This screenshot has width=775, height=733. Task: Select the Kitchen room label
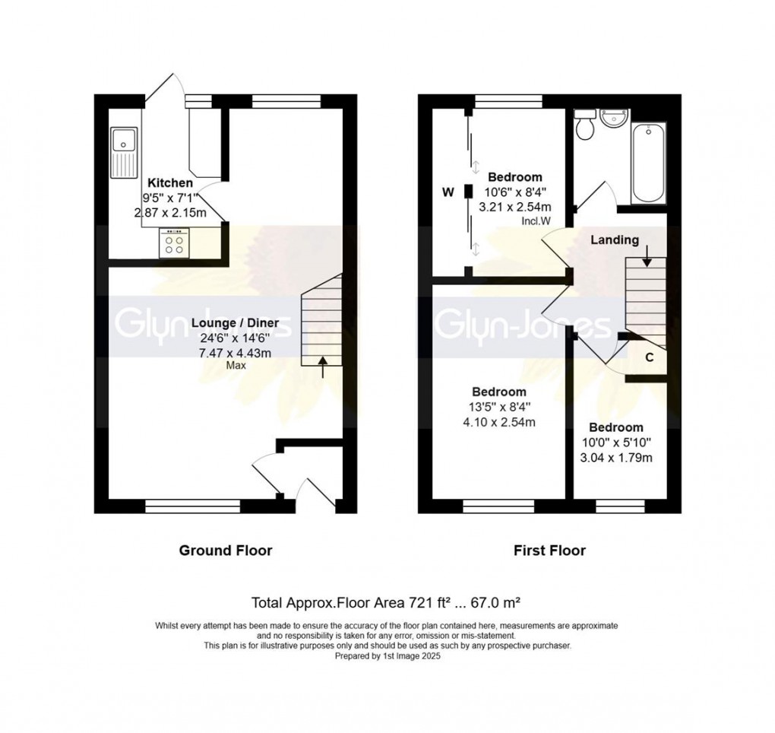[x=169, y=183]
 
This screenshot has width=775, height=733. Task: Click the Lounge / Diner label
[x=235, y=323]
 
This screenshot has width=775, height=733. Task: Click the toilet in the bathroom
[x=585, y=126]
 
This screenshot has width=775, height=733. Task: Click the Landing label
[x=615, y=240]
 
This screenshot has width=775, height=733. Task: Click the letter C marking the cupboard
[x=650, y=357]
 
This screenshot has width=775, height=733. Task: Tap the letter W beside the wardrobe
[x=448, y=192]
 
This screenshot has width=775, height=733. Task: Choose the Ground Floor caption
[x=225, y=550]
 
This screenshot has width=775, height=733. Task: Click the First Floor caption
[x=548, y=550]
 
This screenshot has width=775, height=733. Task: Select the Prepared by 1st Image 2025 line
[x=387, y=654]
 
